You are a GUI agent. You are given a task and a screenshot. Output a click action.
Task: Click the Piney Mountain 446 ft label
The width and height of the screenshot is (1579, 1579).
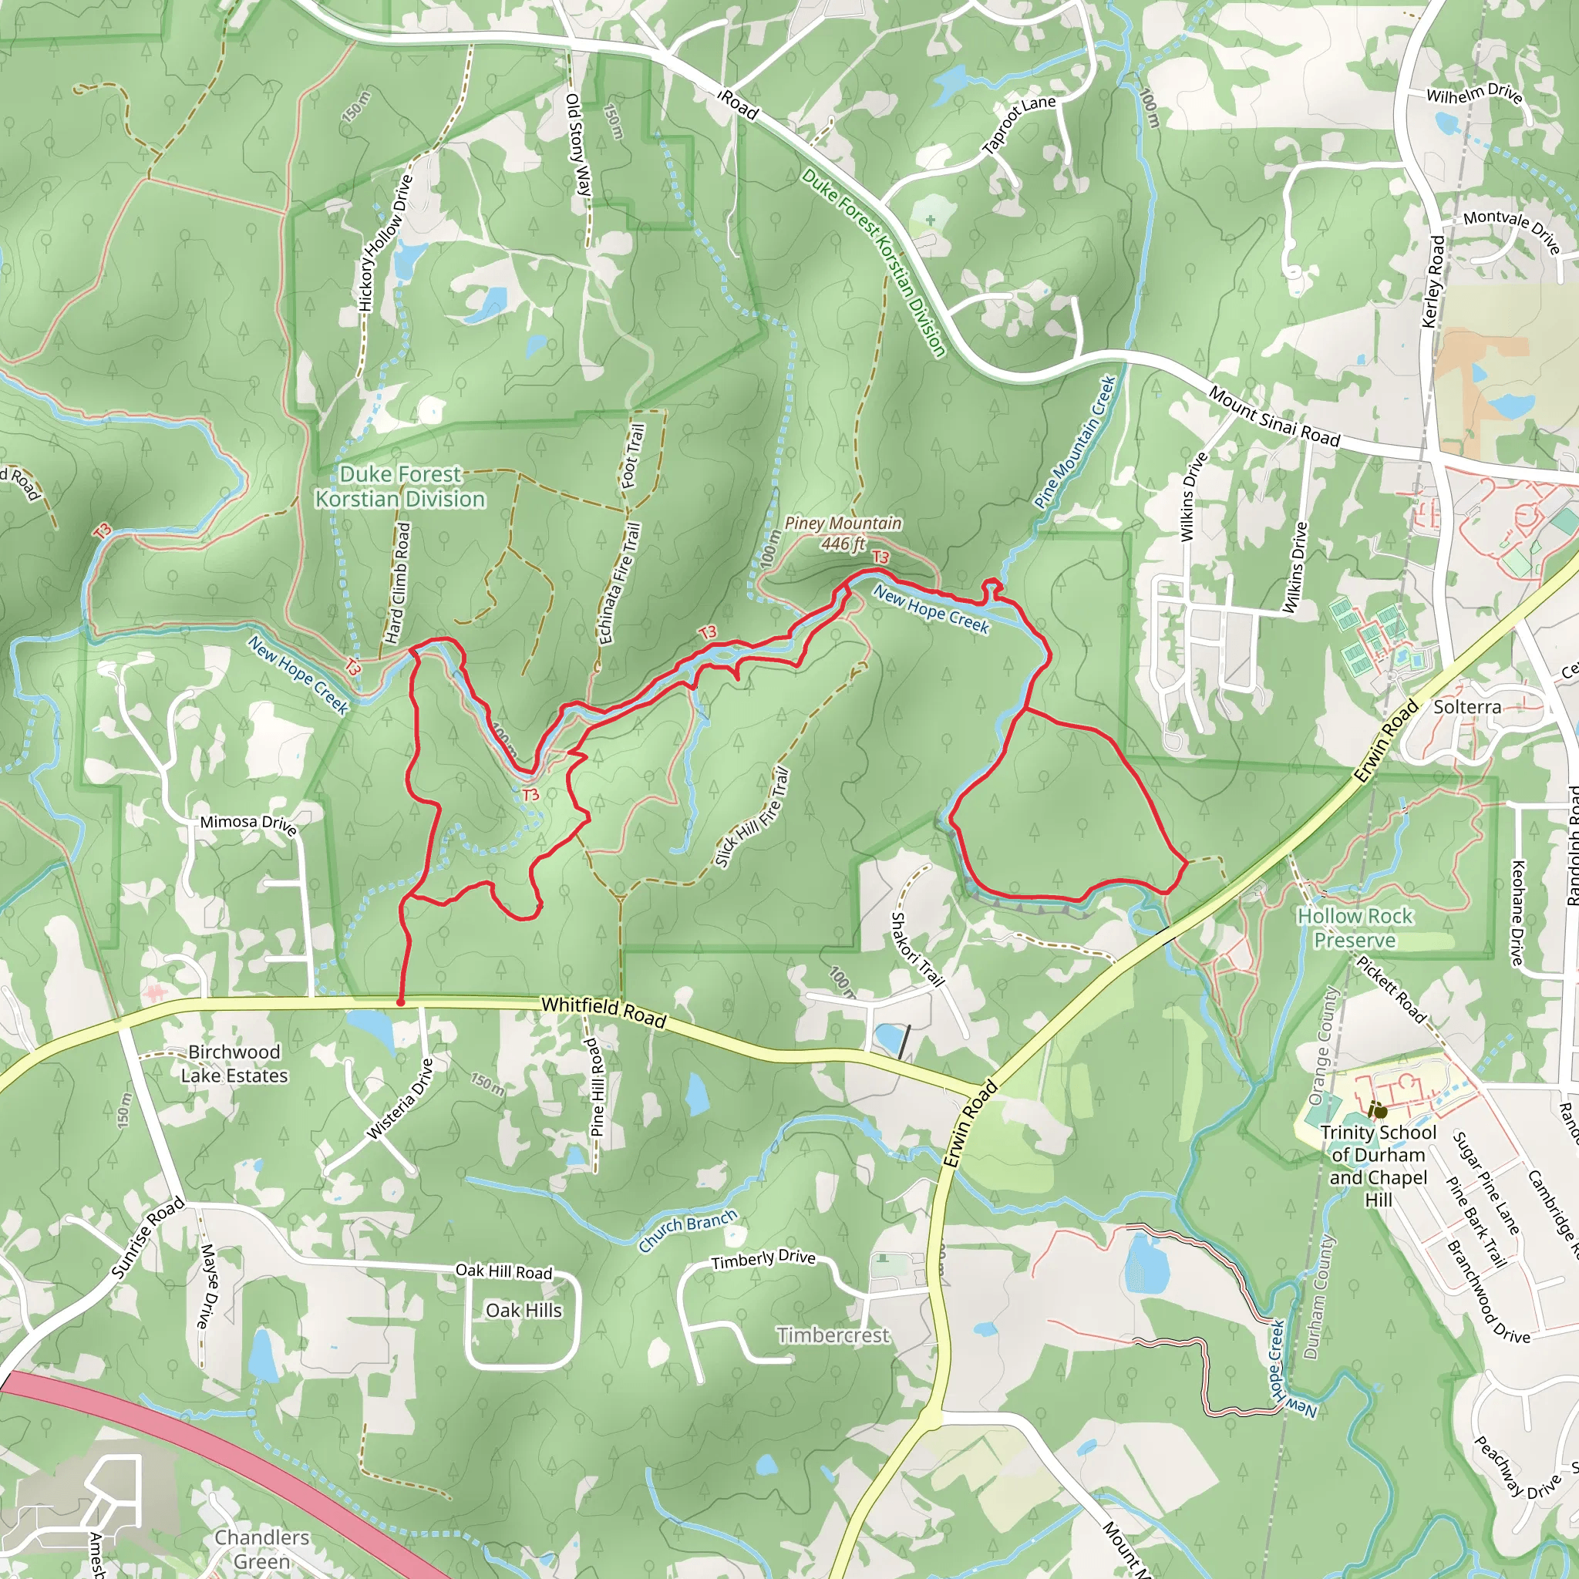[843, 533]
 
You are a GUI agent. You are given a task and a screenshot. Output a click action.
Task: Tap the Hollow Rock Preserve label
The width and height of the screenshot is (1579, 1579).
[1354, 928]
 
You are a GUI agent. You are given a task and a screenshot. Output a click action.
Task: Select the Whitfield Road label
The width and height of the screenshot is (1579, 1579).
[603, 1012]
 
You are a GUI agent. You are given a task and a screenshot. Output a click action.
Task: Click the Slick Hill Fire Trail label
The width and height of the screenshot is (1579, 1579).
[751, 816]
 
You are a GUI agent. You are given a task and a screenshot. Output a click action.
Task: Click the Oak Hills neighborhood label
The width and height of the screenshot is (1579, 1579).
[523, 1310]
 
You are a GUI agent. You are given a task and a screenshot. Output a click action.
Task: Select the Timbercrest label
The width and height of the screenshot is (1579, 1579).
[832, 1335]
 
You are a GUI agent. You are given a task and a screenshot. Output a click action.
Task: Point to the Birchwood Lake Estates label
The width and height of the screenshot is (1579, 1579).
[234, 1063]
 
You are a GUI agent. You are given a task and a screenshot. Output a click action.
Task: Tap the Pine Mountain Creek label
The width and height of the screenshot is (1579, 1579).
[1075, 442]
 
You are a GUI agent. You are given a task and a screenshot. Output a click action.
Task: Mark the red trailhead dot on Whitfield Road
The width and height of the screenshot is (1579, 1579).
[400, 1002]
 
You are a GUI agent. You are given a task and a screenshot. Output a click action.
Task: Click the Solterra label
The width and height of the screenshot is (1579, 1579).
[1467, 707]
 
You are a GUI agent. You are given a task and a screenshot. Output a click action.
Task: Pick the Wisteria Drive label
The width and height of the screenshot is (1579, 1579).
[399, 1099]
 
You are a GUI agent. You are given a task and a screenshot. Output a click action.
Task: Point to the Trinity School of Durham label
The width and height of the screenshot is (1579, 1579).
[1378, 1166]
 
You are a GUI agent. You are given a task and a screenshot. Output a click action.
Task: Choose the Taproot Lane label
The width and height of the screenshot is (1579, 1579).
[1018, 124]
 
